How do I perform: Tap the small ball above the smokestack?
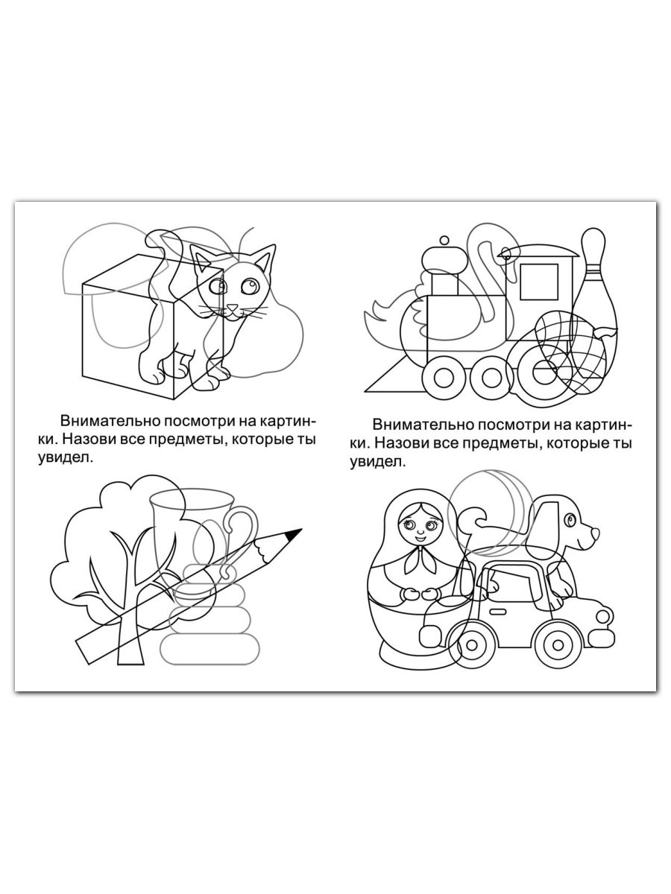[x=444, y=241]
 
